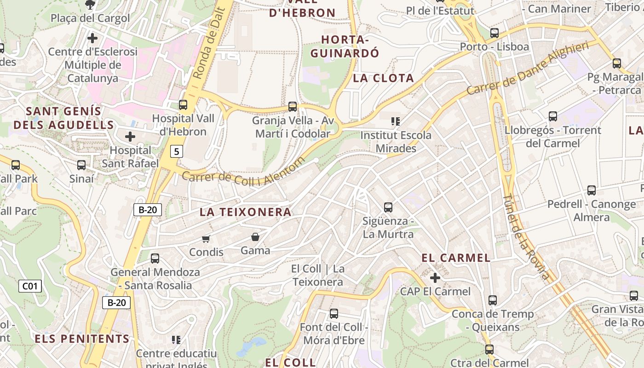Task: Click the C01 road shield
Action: point(30,286)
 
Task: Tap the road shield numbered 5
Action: point(177,151)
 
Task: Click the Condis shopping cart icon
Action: point(206,239)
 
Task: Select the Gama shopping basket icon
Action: point(255,237)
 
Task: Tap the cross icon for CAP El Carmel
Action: point(435,278)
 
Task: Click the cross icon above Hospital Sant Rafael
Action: point(130,137)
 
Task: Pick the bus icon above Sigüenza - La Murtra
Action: point(388,207)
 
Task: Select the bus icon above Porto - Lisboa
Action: point(494,33)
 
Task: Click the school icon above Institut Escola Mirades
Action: point(395,121)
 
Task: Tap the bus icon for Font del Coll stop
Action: point(334,314)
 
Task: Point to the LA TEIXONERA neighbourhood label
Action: point(246,212)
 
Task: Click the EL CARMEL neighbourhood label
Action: point(456,258)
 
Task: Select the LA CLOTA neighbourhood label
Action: point(383,78)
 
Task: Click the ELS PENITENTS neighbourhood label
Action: point(82,339)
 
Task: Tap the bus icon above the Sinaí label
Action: point(81,165)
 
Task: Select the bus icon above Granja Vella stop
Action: point(293,107)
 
